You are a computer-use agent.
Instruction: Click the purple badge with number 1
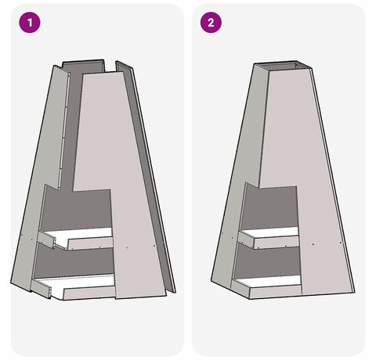30,23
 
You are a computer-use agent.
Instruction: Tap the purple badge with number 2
211,23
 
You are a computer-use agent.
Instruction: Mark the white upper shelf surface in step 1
86,234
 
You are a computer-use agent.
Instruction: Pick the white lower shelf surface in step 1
78,282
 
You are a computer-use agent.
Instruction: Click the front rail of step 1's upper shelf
90,243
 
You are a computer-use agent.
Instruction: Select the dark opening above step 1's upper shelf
77,210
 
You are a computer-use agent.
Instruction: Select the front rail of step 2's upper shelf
277,243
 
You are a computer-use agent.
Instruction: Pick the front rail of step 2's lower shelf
276,292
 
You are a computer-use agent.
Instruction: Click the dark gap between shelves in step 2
269,261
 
